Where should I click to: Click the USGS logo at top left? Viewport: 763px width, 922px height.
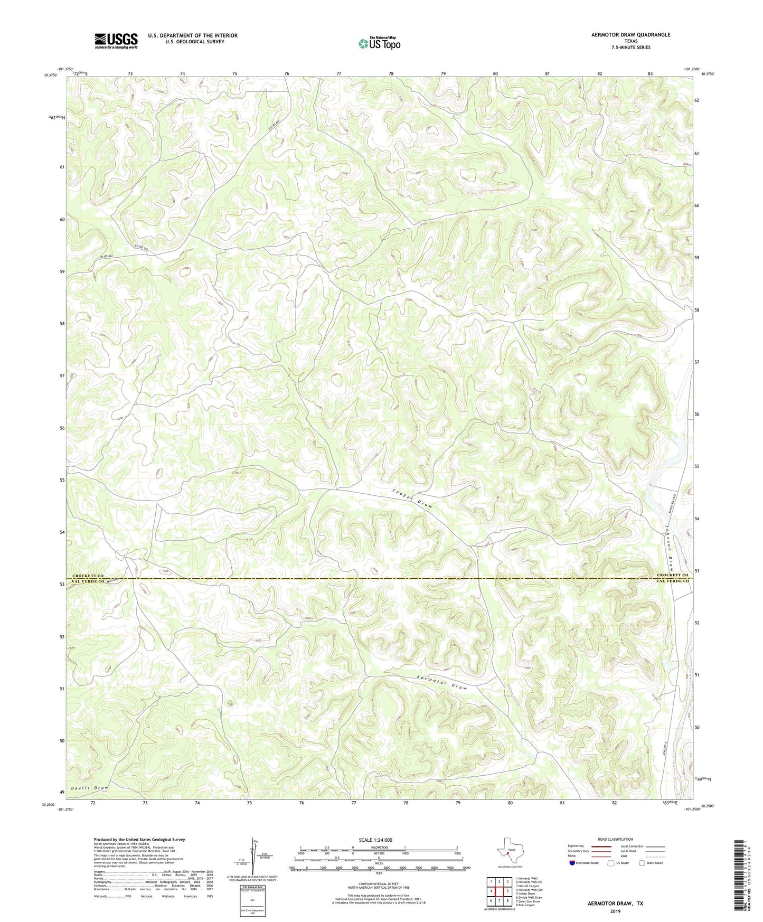point(116,41)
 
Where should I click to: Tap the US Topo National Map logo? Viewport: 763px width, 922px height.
point(379,43)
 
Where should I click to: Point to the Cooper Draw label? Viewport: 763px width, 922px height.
point(412,497)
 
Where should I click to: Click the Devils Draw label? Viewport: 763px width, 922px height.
point(89,788)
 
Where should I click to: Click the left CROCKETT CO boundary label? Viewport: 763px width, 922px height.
point(88,576)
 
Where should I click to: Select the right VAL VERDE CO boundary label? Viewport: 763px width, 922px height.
point(673,581)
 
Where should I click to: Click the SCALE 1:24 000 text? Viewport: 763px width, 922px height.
point(375,840)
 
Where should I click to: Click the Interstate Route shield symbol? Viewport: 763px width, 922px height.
point(573,863)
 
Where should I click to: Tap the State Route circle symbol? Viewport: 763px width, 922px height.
point(642,863)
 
